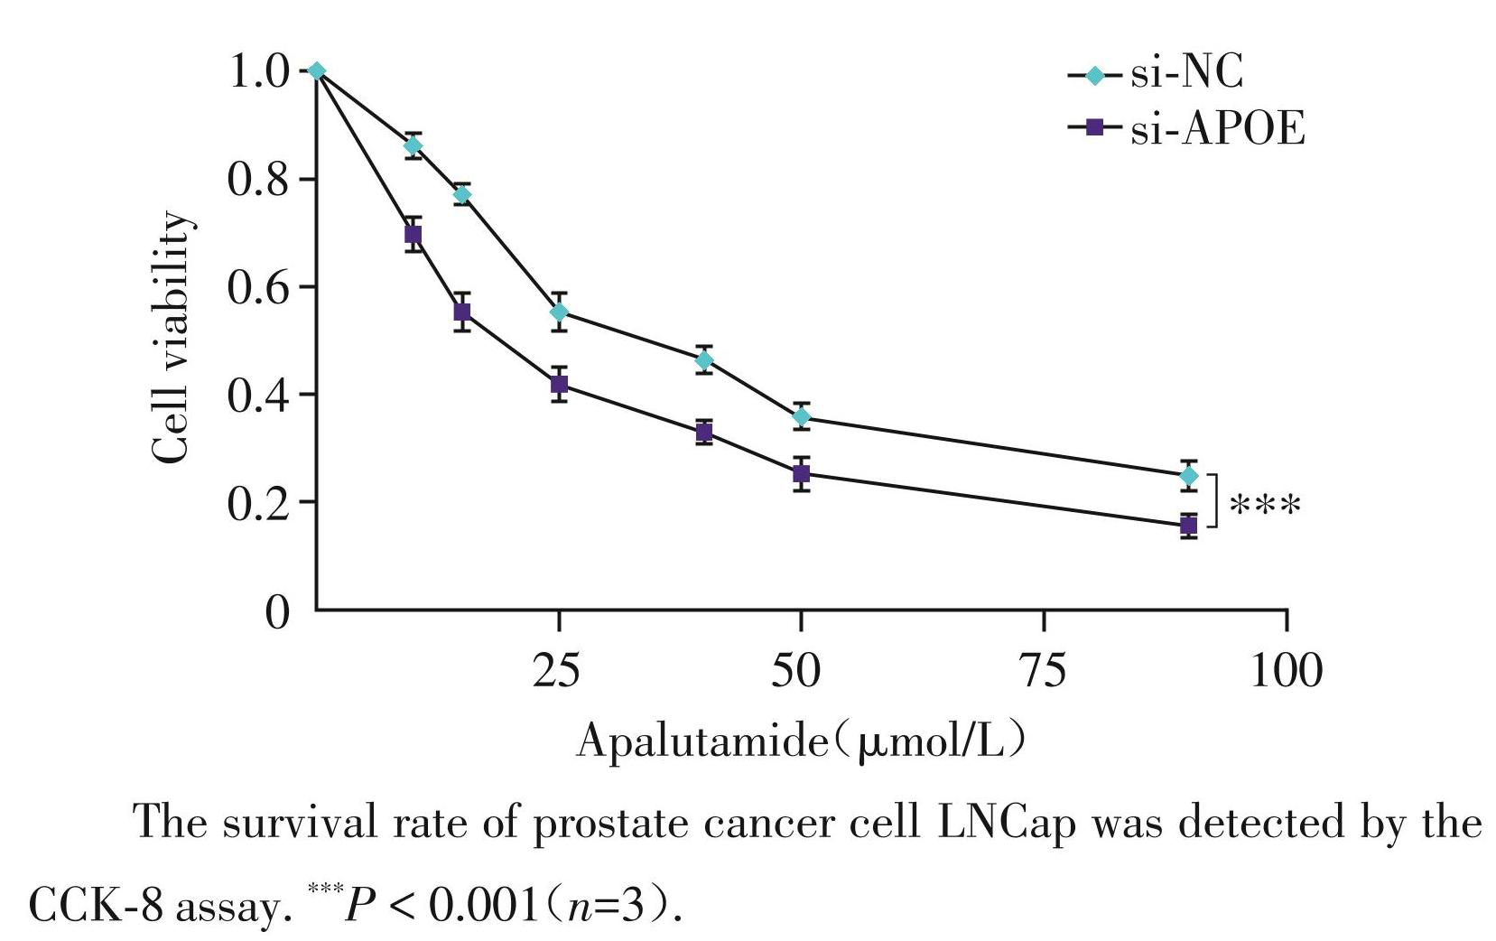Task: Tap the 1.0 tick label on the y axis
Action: (x=259, y=71)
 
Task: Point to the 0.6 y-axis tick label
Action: (x=259, y=287)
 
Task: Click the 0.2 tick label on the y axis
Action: (x=259, y=503)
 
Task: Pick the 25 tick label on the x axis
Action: (x=557, y=671)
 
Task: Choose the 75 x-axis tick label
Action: (x=1043, y=671)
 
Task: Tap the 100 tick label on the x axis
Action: (x=1286, y=671)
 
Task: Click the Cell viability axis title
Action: (x=172, y=339)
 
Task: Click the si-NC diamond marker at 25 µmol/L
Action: (x=559, y=312)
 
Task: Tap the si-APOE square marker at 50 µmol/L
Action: (x=801, y=473)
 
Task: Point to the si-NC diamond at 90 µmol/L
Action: (x=1189, y=476)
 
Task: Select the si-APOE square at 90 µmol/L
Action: (x=1189, y=525)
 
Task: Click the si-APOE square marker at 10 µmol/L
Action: (x=413, y=235)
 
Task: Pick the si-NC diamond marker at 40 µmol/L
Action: (x=704, y=359)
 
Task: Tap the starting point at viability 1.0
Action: (x=316, y=71)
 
